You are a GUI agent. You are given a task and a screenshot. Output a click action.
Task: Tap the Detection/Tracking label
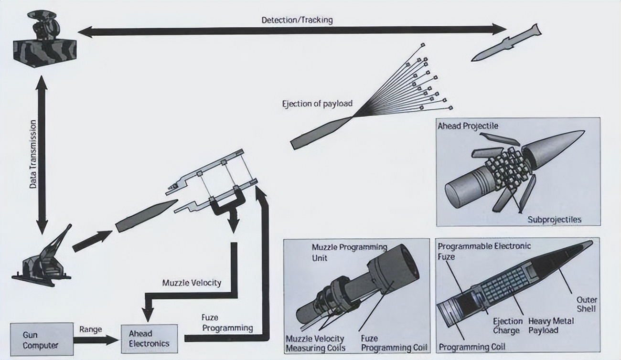click(297, 20)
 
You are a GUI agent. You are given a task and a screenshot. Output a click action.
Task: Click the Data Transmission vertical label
click(33, 154)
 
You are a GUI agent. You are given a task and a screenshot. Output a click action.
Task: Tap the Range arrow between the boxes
click(96, 339)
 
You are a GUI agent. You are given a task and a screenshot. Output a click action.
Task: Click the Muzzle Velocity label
click(192, 283)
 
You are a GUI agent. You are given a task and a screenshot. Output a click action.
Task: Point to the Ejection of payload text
click(317, 104)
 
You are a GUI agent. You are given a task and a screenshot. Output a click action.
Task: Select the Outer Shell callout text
click(586, 305)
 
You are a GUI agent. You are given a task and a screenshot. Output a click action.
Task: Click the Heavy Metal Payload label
click(551, 326)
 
